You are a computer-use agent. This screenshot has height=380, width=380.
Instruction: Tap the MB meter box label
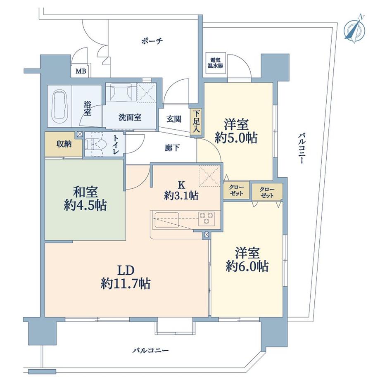coord(81,71)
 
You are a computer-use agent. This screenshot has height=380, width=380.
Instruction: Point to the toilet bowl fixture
coord(96,145)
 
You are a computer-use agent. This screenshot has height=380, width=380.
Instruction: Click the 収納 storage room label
coord(64,144)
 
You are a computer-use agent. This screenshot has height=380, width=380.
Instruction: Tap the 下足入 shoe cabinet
coord(195,121)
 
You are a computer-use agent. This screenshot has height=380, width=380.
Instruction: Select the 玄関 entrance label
coord(174,119)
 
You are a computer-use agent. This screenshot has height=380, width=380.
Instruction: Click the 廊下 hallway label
coord(172,148)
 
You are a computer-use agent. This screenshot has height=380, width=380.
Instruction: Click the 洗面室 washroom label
coord(130,117)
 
